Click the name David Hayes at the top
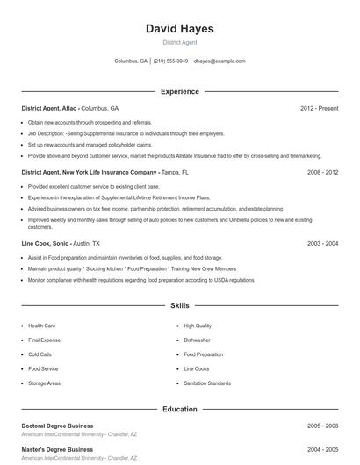tap(179, 29)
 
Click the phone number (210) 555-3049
tap(171, 61)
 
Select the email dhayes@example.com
tap(220, 61)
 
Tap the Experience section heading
tap(179, 91)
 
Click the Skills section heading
tap(179, 306)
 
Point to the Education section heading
tap(179, 409)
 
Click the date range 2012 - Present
tap(319, 108)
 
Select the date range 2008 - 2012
tap(322, 173)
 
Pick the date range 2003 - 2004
tap(322, 243)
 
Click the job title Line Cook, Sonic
tap(45, 243)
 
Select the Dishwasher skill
tap(197, 340)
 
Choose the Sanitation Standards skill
tap(207, 383)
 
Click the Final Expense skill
tap(45, 340)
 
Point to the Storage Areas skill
tap(45, 383)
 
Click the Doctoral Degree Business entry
tap(57, 426)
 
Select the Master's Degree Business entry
tap(57, 449)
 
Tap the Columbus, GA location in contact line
tap(131, 61)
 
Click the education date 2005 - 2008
tap(322, 426)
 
